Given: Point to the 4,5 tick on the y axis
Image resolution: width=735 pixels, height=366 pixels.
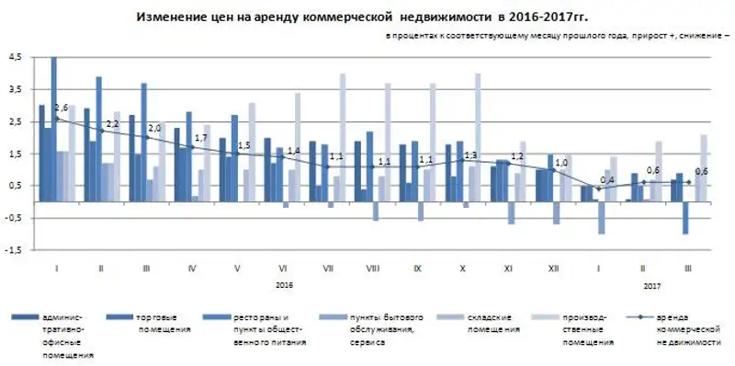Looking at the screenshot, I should click(14, 57).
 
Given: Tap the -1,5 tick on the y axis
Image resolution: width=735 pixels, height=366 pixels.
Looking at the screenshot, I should click(13, 249).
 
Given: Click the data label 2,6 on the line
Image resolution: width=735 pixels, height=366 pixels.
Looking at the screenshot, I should click(62, 109).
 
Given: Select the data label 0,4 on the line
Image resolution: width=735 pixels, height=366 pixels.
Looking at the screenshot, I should click(607, 179).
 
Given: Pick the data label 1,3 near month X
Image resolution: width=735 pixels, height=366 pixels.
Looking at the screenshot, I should click(471, 154).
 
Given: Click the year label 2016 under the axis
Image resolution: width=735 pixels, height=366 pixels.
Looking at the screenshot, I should click(284, 285).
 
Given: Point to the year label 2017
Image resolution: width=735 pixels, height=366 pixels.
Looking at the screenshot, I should click(651, 285).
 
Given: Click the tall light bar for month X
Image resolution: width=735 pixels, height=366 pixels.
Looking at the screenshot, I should click(478, 129).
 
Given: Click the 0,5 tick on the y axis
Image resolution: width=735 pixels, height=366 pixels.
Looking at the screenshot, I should click(14, 185).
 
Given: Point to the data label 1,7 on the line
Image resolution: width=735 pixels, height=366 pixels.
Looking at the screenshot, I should click(201, 137).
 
